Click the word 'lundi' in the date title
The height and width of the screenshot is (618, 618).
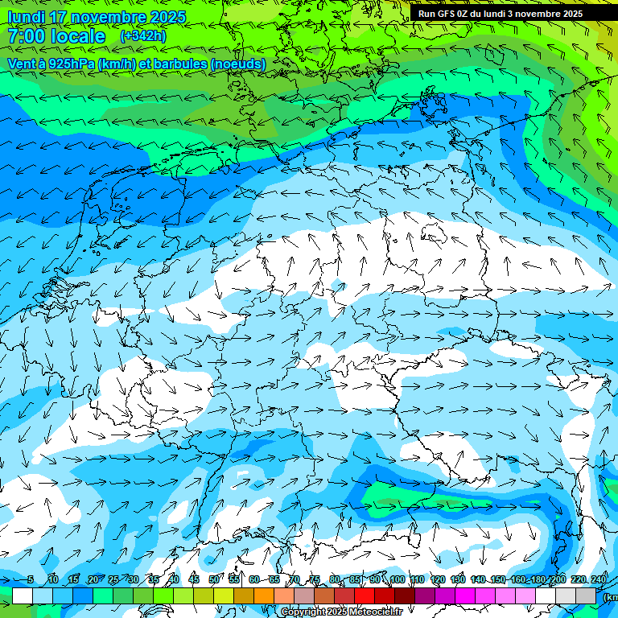[x=25, y=17]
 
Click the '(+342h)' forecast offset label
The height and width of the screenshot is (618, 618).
[x=143, y=36]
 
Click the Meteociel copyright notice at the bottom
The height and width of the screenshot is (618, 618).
[x=341, y=612]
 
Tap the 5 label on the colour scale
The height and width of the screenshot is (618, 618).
[x=31, y=580]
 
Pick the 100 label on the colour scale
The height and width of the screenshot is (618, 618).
[x=397, y=580]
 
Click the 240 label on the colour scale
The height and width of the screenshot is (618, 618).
[x=598, y=580]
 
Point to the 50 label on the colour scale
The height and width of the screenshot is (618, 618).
[x=213, y=580]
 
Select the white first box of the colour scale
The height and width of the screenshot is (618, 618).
[x=23, y=595]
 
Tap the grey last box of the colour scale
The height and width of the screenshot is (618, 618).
[x=587, y=595]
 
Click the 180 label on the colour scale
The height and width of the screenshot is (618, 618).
[x=538, y=580]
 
